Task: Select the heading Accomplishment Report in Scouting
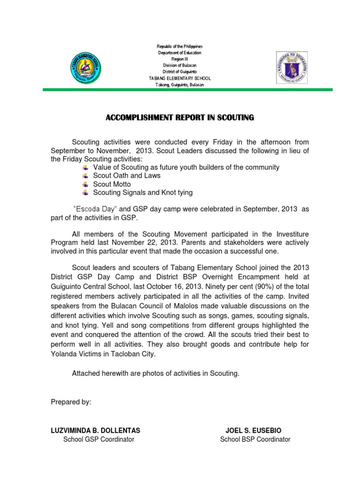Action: [180, 118]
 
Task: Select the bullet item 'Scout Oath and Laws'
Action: [127, 176]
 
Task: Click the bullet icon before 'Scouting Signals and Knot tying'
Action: [85, 193]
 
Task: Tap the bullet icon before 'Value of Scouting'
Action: [85, 167]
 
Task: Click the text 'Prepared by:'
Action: [71, 402]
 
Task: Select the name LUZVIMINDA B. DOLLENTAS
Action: [95, 430]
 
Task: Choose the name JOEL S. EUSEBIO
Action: [254, 430]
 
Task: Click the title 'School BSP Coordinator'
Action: [255, 439]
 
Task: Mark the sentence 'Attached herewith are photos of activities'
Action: [155, 374]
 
